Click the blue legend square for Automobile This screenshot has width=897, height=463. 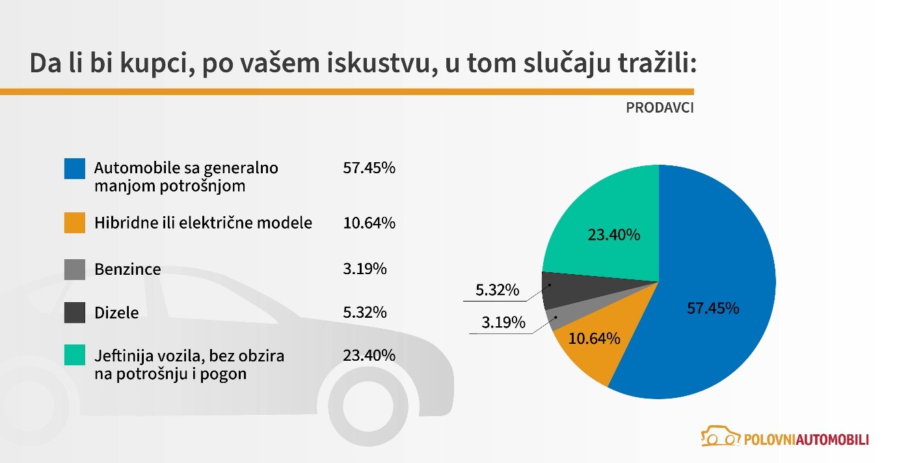(x=75, y=168)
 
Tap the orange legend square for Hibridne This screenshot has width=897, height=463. (x=75, y=223)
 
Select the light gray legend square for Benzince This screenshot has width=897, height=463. (x=75, y=270)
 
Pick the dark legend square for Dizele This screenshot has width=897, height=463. (x=75, y=313)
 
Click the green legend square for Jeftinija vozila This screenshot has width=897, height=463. (x=75, y=356)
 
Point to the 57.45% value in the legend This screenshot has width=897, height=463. (x=369, y=168)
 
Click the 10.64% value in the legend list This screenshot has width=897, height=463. (x=369, y=223)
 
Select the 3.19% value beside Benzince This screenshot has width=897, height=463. (x=364, y=268)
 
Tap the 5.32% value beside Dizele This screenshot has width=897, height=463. (x=364, y=313)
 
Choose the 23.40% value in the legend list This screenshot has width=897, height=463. (x=369, y=356)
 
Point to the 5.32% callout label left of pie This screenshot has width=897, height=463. (x=498, y=290)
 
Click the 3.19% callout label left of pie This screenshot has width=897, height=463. (x=503, y=322)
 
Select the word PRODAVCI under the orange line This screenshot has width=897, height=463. (x=660, y=108)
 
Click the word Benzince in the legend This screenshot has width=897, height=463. (x=127, y=270)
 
